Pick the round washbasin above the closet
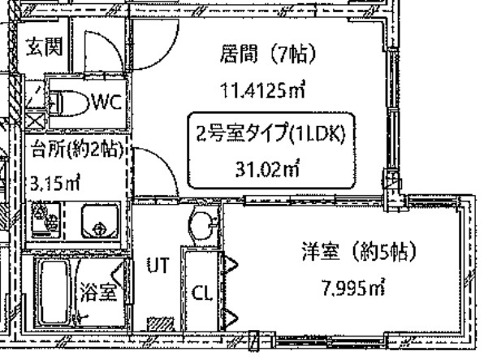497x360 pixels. point(200,223)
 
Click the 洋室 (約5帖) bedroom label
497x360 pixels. point(348,253)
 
